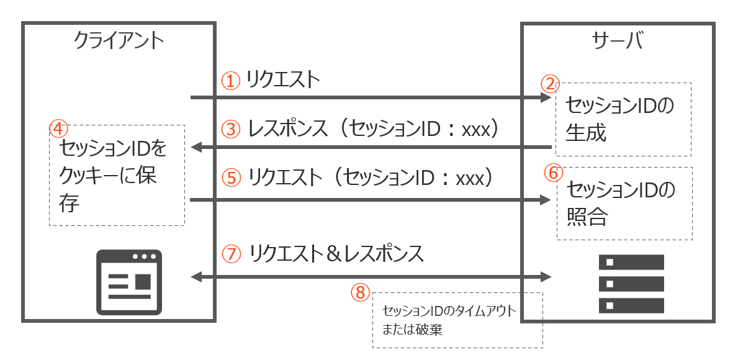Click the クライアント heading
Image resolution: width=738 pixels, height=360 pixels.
coord(119,42)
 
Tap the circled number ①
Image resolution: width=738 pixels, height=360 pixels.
coord(231,81)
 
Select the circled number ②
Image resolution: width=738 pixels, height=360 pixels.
coord(549,84)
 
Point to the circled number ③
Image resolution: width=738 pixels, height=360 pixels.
coord(231,129)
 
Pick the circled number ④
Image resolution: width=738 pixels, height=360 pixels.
coord(58,127)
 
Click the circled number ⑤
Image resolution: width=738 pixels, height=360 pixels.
coord(231,178)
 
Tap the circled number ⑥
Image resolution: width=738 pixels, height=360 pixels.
coord(554,173)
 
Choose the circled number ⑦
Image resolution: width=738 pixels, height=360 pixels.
coord(231,254)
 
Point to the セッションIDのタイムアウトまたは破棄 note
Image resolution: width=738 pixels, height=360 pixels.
coord(449,320)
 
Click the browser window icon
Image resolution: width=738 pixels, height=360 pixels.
coord(129,282)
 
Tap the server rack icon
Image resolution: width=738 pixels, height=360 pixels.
coord(631,284)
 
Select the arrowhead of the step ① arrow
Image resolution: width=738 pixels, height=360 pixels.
coord(546,97)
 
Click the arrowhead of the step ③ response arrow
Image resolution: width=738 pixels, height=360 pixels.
coord(197,148)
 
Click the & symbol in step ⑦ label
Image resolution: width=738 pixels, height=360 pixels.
coord(335,254)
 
